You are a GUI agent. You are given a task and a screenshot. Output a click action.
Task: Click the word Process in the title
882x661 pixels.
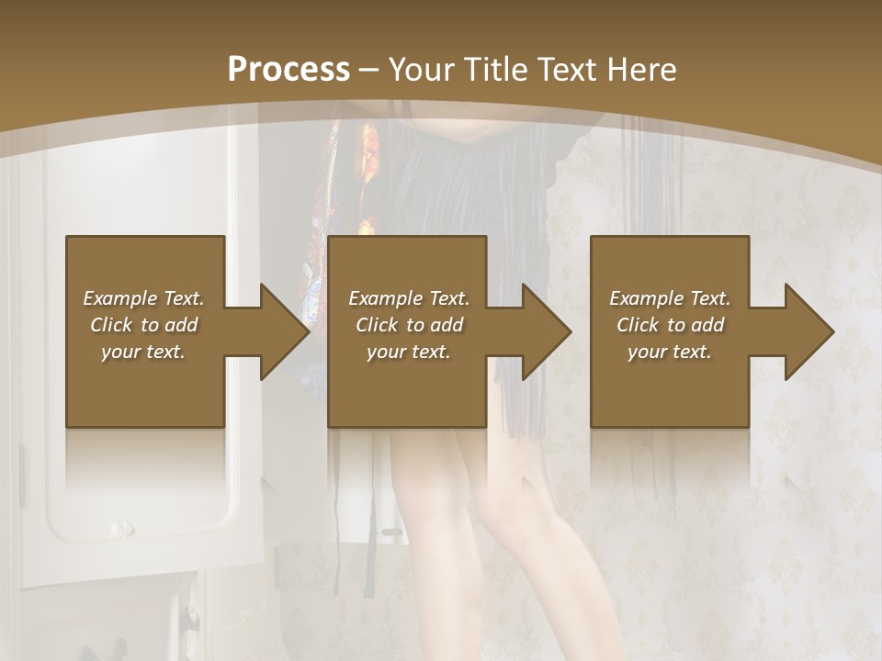(288, 70)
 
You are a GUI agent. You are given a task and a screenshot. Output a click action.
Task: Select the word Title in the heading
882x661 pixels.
(493, 70)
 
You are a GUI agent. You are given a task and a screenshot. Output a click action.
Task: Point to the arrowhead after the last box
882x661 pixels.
(808, 331)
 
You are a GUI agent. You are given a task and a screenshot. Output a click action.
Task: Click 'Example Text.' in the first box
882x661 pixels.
(143, 298)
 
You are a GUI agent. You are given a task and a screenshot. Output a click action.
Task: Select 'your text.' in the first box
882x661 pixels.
(143, 352)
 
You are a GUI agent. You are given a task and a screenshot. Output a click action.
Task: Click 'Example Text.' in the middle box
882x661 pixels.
(409, 298)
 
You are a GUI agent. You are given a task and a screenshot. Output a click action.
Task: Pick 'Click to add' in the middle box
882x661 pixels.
(409, 325)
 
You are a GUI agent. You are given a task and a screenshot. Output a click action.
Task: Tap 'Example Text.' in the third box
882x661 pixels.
(670, 298)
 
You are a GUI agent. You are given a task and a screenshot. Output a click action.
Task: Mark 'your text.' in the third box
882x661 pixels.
(670, 352)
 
